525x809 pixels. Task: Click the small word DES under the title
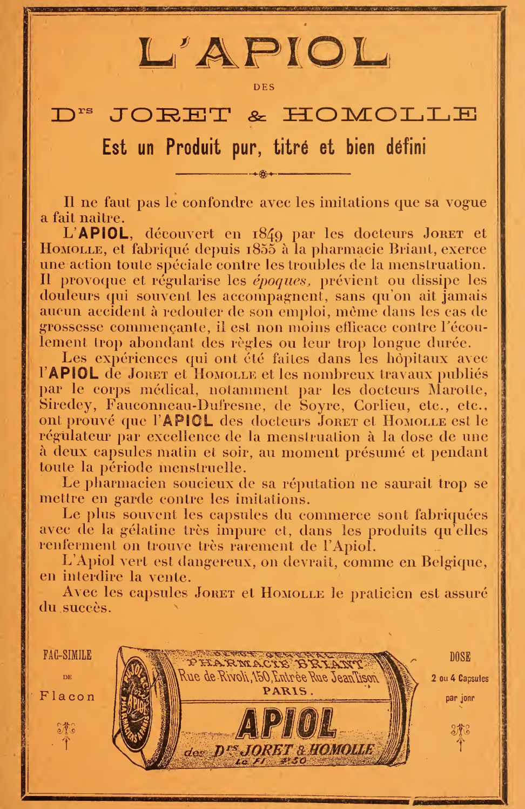tap(264, 87)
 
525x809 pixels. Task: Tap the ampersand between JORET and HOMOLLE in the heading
tap(257, 115)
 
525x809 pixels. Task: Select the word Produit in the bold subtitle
tap(193, 147)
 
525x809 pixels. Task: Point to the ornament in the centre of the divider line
tap(264, 174)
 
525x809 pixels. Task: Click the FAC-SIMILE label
tap(67, 655)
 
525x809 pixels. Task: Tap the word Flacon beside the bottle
tap(67, 697)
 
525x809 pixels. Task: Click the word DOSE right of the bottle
tap(460, 657)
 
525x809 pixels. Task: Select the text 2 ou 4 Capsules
tap(460, 678)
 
